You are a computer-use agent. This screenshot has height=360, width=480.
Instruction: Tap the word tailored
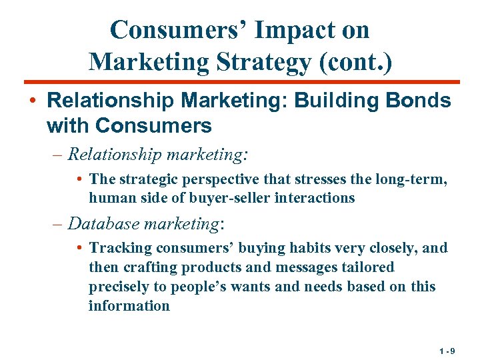coord(370,267)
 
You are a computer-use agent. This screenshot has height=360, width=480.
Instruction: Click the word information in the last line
coord(129,306)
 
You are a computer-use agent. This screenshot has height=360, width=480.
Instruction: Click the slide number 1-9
coord(447,350)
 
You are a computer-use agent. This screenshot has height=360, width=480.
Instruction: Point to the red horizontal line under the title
coord(240,82)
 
